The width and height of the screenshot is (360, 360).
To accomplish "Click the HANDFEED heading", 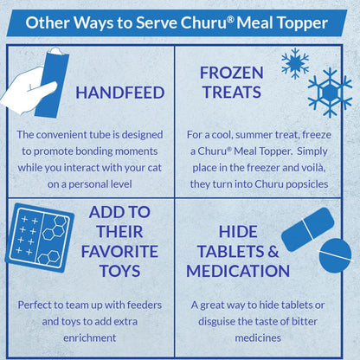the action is pyautogui.click(x=120, y=93).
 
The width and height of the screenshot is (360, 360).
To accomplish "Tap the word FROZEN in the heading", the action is pyautogui.click(x=232, y=73).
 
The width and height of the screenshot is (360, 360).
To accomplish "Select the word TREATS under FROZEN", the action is pyautogui.click(x=232, y=92).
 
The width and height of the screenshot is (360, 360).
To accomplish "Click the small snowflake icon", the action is pyautogui.click(x=295, y=63).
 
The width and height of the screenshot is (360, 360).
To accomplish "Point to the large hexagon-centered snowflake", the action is pyautogui.click(x=330, y=93).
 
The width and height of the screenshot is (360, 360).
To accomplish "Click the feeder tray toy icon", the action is pyautogui.click(x=40, y=238).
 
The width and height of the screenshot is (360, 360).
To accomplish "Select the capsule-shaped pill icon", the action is pyautogui.click(x=307, y=229).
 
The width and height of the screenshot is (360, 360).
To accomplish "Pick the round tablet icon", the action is pyautogui.click(x=336, y=255).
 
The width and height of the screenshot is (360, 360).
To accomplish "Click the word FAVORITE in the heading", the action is pyautogui.click(x=119, y=251).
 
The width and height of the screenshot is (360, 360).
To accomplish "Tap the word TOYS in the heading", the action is pyautogui.click(x=119, y=271).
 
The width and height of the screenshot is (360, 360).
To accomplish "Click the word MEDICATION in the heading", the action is pyautogui.click(x=238, y=271).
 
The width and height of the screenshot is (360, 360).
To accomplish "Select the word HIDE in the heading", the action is pyautogui.click(x=238, y=232).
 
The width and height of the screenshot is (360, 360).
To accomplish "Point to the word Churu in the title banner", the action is pyautogui.click(x=204, y=22).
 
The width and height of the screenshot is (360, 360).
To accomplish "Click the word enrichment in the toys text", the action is pyautogui.click(x=90, y=337).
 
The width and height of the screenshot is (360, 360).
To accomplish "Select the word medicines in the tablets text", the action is pyautogui.click(x=258, y=337).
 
